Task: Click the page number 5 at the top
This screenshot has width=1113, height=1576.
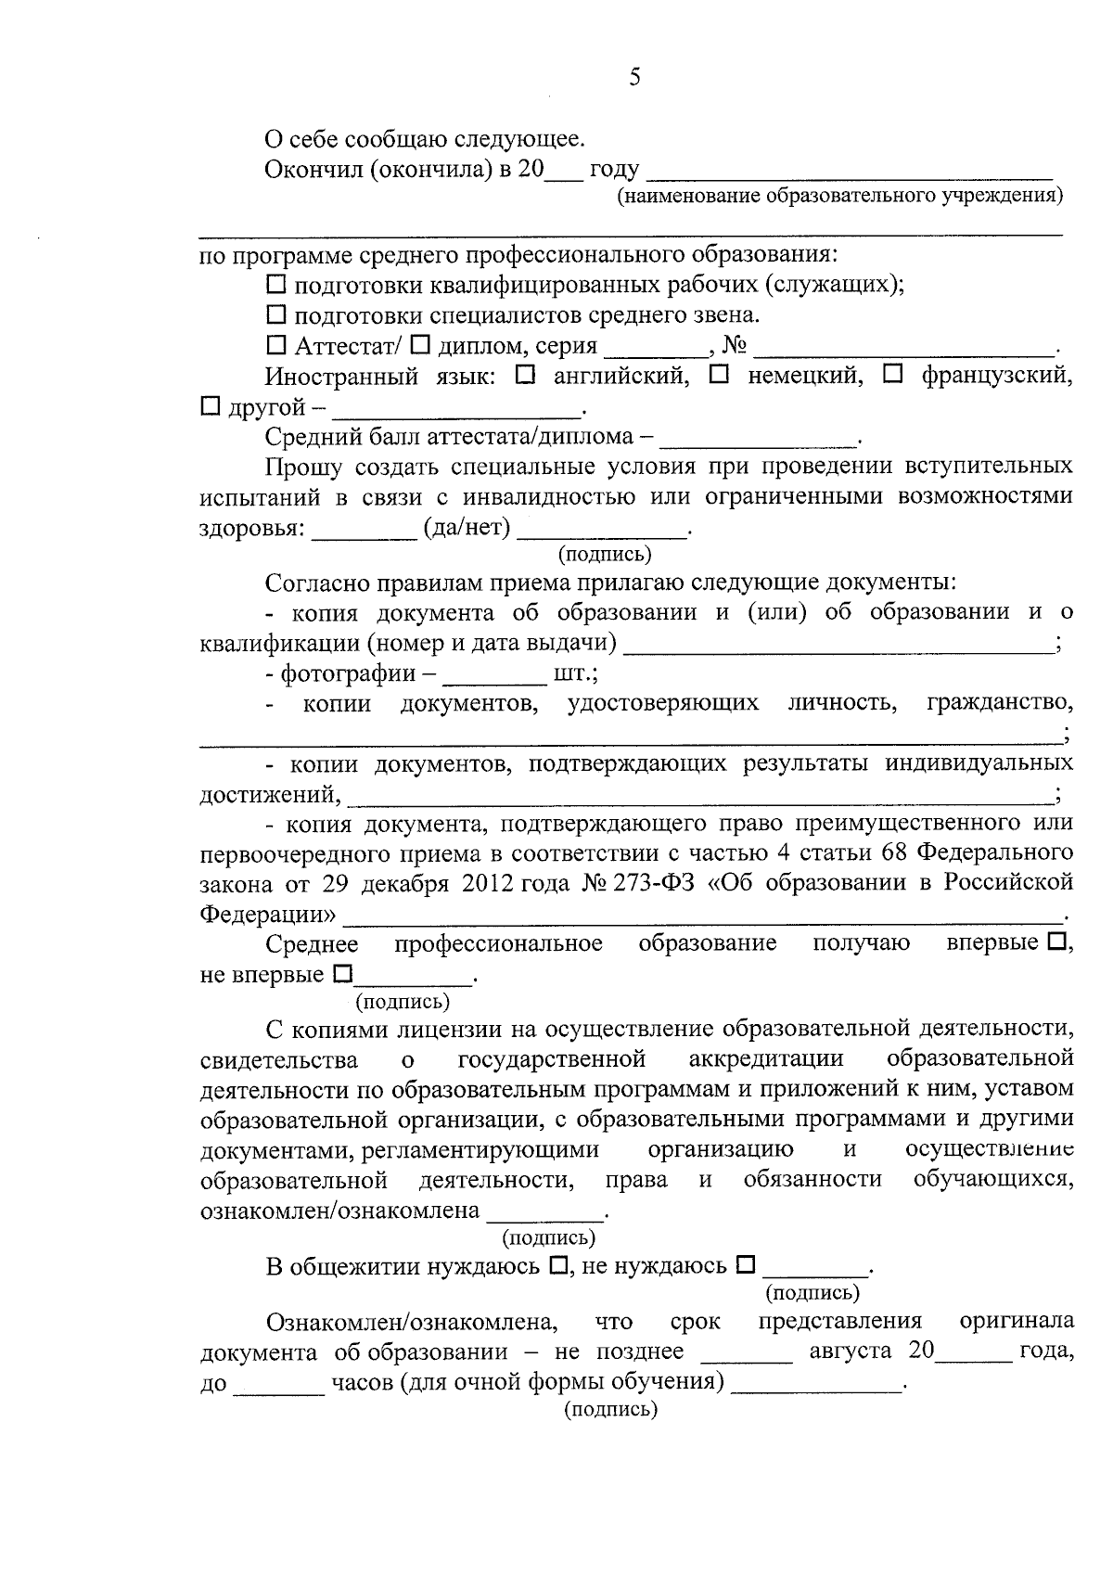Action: [634, 78]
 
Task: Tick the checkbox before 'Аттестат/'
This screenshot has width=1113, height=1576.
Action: [276, 346]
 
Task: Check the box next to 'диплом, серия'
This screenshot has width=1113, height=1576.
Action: [420, 346]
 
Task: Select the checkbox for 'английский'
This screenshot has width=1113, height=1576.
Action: [524, 376]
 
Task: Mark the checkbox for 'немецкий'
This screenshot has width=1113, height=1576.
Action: [719, 376]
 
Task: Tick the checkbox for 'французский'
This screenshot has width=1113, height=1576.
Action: [892, 376]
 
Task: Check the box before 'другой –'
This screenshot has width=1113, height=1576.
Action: [211, 406]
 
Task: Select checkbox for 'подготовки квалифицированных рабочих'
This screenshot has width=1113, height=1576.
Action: [276, 285]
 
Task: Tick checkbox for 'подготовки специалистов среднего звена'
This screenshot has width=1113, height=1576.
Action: [276, 315]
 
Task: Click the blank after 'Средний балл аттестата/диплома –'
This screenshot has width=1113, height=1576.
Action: [762, 437]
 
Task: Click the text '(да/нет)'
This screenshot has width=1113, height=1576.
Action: [467, 528]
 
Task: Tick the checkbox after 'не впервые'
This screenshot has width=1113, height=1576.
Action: [342, 975]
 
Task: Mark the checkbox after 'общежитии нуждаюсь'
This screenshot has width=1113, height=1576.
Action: [558, 1266]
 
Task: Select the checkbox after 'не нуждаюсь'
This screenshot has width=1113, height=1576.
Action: [746, 1266]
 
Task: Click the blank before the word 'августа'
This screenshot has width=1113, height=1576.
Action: [747, 1352]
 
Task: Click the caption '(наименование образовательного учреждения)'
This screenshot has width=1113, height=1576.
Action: [840, 196]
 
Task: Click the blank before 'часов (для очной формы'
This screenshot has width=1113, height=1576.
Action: [279, 1384]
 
